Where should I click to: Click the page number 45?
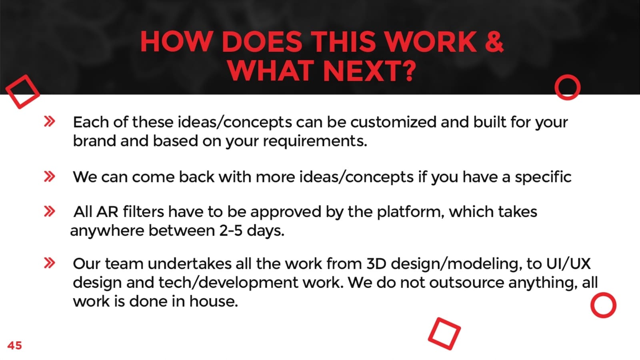(x=14, y=346)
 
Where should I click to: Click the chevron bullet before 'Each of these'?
(x=50, y=122)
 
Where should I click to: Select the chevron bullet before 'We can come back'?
(x=50, y=176)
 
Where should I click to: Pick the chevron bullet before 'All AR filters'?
(x=50, y=212)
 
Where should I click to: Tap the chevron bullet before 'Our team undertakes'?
(x=50, y=263)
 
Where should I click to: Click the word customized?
(x=393, y=122)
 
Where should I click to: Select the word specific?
(x=543, y=177)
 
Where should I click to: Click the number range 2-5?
(x=231, y=230)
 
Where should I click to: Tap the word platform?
(x=410, y=212)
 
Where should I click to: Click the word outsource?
(x=466, y=283)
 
